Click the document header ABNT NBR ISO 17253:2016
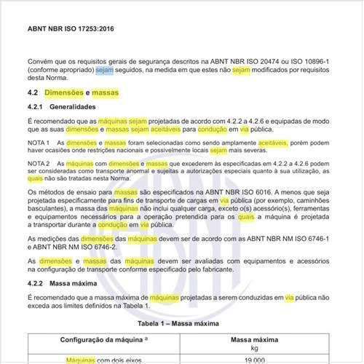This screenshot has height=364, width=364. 71,31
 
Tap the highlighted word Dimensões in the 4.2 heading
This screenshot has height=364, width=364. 71,94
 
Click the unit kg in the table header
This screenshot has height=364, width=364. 266,347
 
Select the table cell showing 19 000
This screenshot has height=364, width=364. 266,360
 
